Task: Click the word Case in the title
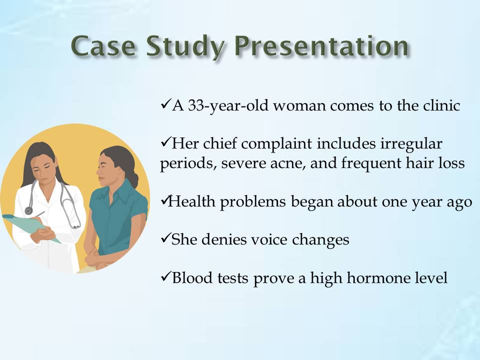[x=103, y=46]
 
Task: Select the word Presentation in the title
[x=321, y=46]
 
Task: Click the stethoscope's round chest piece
[x=29, y=210]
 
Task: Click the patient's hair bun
[x=134, y=181]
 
